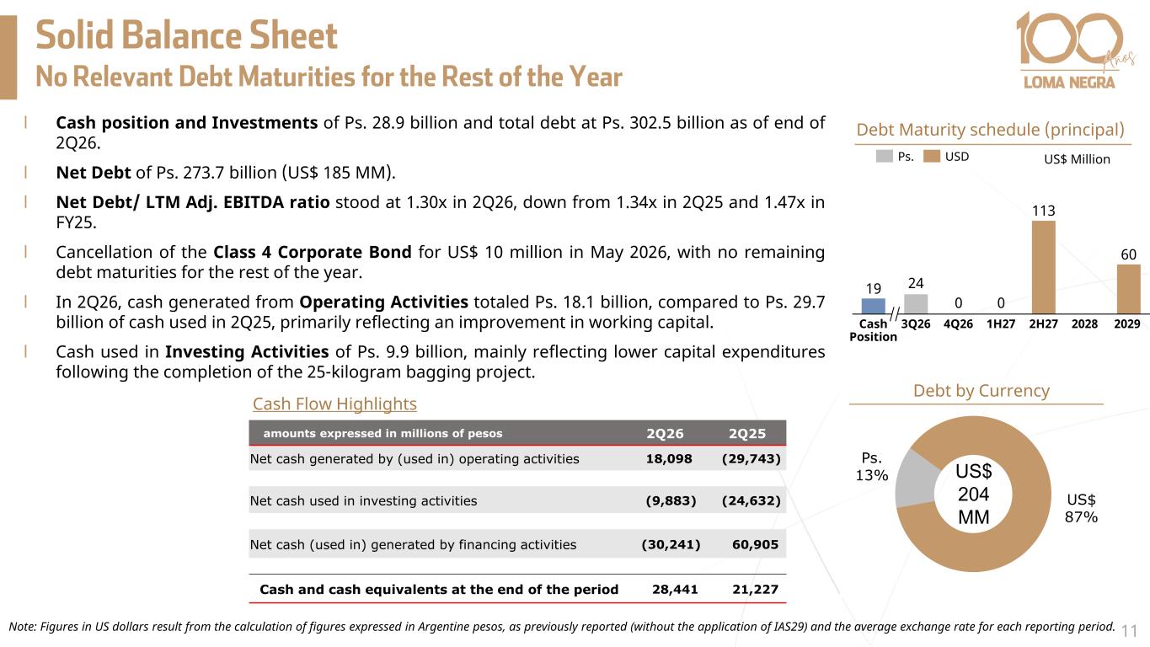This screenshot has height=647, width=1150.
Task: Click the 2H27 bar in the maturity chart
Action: click(x=1043, y=267)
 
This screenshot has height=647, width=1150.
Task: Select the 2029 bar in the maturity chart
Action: click(x=1128, y=289)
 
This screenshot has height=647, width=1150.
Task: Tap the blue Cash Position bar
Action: click(x=873, y=306)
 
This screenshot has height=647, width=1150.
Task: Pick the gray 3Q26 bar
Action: click(x=916, y=304)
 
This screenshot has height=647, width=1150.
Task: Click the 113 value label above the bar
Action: click(x=1043, y=211)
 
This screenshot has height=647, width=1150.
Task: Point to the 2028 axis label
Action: click(x=1084, y=324)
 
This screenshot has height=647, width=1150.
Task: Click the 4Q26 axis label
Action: click(x=958, y=324)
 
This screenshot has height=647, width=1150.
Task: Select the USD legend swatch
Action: click(x=931, y=156)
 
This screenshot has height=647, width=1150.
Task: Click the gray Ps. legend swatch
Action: click(x=884, y=156)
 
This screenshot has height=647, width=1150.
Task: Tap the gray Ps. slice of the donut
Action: click(x=916, y=479)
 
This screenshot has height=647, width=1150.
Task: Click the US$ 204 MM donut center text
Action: click(x=973, y=494)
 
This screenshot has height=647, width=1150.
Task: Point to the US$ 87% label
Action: click(x=1081, y=508)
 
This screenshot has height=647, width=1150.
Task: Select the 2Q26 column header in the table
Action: click(x=665, y=434)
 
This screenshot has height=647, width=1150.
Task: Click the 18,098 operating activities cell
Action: click(x=669, y=458)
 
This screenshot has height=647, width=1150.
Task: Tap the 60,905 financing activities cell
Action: click(x=755, y=544)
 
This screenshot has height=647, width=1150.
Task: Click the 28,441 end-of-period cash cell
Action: click(x=675, y=589)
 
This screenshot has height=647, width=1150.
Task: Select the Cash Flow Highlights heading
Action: click(x=334, y=404)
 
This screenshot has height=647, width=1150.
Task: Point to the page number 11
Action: click(x=1130, y=630)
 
